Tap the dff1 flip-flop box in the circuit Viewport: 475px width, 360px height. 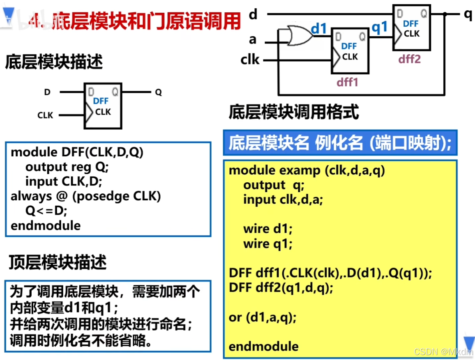tap(349, 51)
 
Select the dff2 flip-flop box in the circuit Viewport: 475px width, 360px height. tap(411, 28)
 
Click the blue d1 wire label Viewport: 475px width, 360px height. tap(318, 29)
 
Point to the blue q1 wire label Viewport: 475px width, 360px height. tap(379, 28)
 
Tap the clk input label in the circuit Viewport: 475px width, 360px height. tap(250, 60)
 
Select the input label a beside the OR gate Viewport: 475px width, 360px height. tap(253, 39)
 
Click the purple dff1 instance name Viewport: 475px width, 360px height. tap(348, 82)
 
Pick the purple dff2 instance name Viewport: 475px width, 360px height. tap(409, 59)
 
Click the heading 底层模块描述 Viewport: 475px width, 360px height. tap(53, 63)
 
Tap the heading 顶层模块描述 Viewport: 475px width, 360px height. tap(58, 262)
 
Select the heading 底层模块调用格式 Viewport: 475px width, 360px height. tap(293, 112)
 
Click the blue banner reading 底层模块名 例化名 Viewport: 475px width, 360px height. tap(340, 143)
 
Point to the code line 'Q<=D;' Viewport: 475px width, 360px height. tap(46, 211)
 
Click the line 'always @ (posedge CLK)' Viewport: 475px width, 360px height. tap(85, 196)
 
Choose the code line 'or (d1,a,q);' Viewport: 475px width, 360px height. tap(262, 317)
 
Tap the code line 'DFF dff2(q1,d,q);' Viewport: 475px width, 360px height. tap(281, 288)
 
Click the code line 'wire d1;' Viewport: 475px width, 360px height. tap(267, 229)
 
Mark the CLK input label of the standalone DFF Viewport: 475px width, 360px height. tap(45, 115)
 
